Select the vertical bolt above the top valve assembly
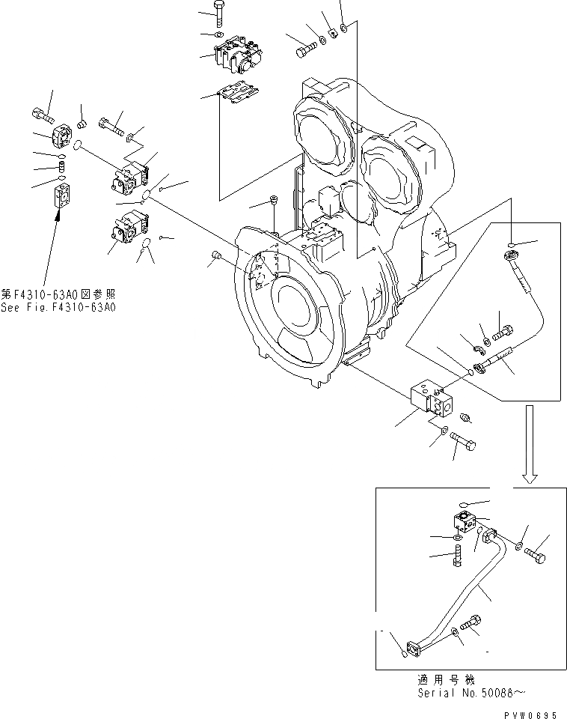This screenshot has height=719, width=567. click(x=218, y=14)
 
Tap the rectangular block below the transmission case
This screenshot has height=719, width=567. click(x=429, y=396)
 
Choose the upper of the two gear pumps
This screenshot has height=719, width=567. click(x=130, y=180)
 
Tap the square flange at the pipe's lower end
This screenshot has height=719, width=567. click(x=414, y=645)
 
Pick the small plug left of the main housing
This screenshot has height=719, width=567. click(x=217, y=257)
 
